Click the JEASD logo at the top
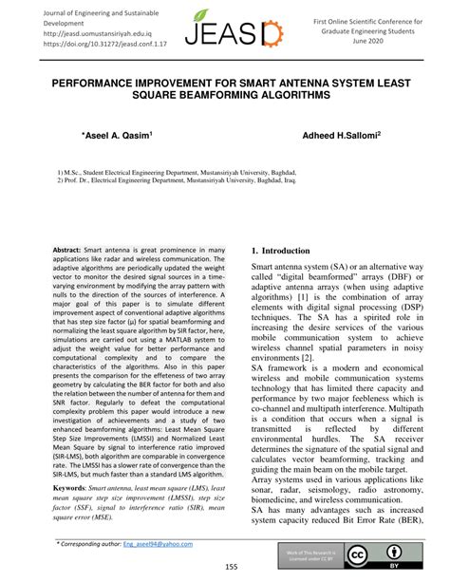point(226,28)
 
